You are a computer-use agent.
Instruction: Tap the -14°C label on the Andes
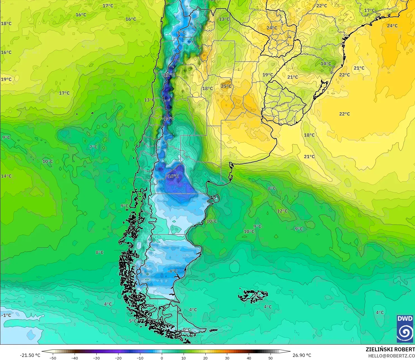(x=169, y=118)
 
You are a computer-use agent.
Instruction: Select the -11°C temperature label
(x=169, y=75)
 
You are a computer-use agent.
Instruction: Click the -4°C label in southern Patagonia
(x=172, y=271)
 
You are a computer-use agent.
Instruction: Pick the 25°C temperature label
(x=226, y=86)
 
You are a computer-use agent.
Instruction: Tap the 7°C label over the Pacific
(x=93, y=147)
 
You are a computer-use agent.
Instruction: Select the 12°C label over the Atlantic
(x=282, y=211)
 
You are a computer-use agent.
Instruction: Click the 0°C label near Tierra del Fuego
(x=187, y=330)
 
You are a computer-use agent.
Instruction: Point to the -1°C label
(x=6, y=315)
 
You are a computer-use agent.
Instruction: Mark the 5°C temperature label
(x=133, y=321)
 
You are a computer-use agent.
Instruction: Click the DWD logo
(x=405, y=329)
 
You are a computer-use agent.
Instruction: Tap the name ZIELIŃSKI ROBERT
(x=390, y=349)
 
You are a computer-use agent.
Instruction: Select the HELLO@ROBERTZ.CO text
(x=391, y=356)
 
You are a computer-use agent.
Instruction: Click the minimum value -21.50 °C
(x=30, y=355)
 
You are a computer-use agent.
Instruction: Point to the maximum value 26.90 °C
(x=302, y=355)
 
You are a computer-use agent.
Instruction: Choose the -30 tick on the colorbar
(x=96, y=358)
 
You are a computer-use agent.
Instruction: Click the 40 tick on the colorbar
(x=249, y=358)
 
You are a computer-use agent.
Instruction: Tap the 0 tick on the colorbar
(x=162, y=358)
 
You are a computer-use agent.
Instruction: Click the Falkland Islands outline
(x=252, y=296)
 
